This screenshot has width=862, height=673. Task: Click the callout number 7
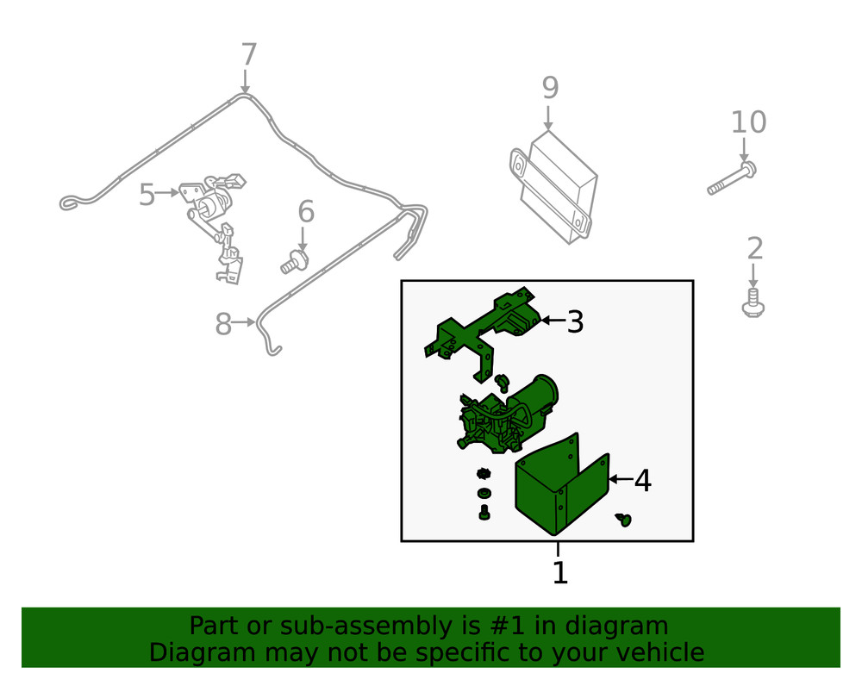click(249, 54)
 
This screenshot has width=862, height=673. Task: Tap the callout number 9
click(550, 88)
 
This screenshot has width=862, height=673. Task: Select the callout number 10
click(748, 122)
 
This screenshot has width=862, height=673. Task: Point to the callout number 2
click(755, 248)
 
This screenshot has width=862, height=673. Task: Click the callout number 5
click(147, 195)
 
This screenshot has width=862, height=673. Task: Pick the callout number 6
click(306, 211)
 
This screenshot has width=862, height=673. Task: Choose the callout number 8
click(223, 324)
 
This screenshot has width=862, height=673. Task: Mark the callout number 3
click(575, 321)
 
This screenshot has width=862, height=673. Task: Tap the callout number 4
click(643, 481)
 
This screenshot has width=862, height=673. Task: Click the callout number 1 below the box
click(559, 572)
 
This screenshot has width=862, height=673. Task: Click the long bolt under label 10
click(732, 178)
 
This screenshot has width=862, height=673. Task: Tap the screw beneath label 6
click(294, 261)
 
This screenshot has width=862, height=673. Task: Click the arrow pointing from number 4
click(622, 479)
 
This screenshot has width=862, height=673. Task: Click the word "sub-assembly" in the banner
click(360, 626)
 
